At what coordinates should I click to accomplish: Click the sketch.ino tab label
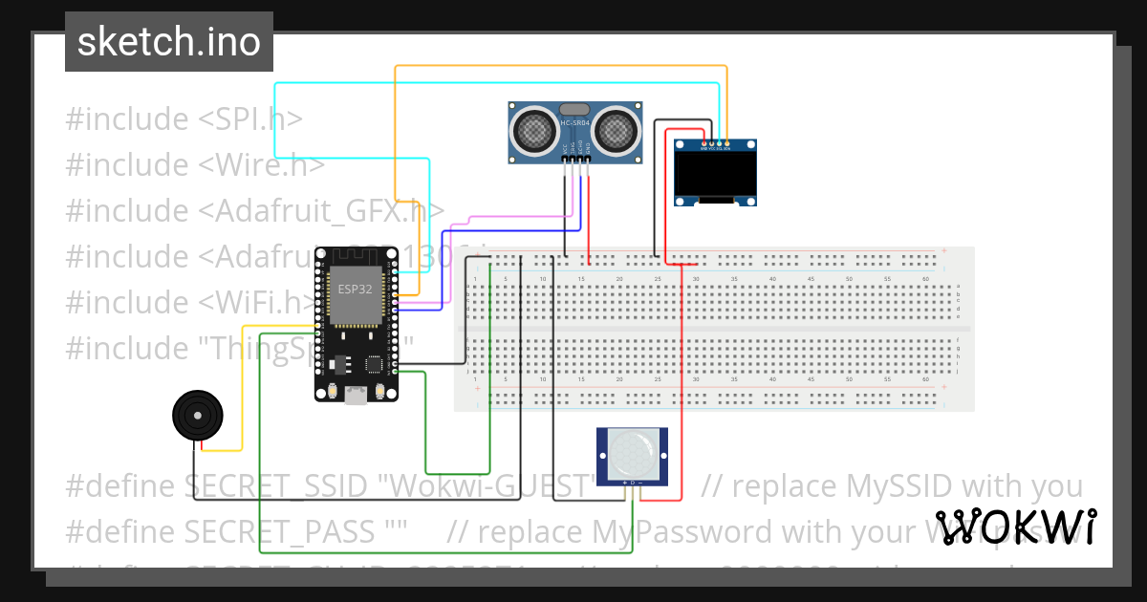(168, 42)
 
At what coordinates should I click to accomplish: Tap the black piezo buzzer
(197, 417)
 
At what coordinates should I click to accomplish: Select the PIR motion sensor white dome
(633, 454)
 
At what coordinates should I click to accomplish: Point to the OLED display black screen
(715, 174)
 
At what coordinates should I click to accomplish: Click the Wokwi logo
(1014, 527)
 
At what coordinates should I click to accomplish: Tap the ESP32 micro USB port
(356, 395)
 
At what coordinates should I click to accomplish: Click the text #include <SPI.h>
(184, 119)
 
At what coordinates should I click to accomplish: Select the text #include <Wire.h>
(195, 165)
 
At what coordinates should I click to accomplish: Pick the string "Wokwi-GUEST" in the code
(487, 486)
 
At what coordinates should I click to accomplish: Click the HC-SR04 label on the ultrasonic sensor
(574, 123)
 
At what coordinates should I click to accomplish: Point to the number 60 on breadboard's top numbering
(925, 278)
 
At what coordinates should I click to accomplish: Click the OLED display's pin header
(715, 147)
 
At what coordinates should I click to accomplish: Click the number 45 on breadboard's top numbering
(811, 278)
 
